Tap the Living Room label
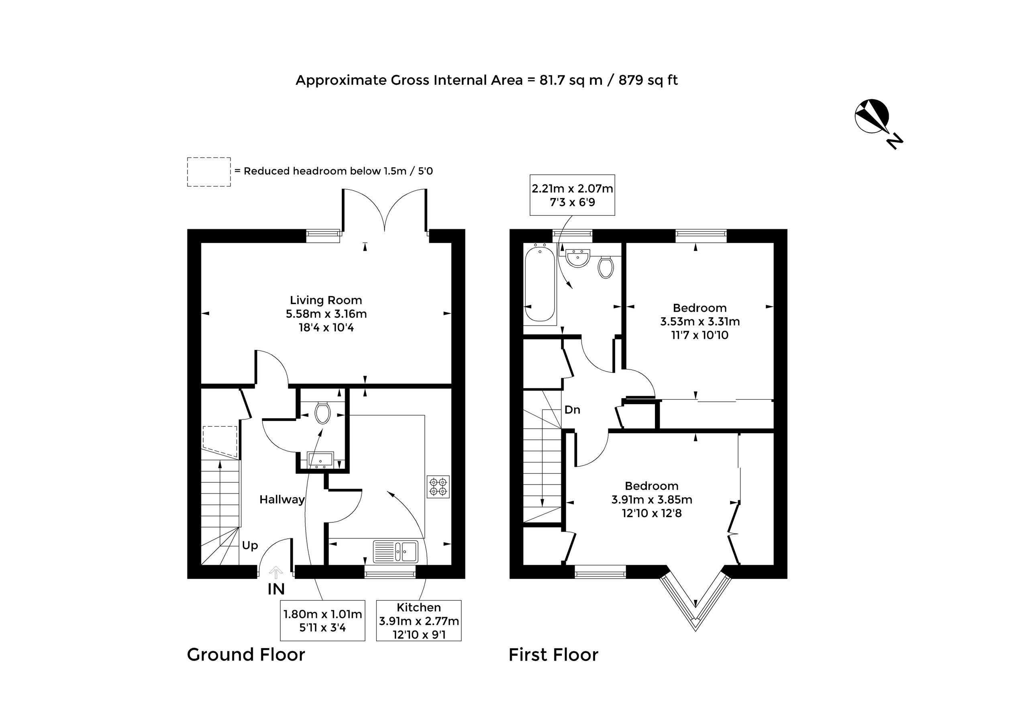click(326, 300)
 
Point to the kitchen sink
click(396, 552)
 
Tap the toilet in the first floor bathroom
click(606, 267)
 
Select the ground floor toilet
click(322, 413)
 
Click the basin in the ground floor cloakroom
click(320, 460)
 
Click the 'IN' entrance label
click(276, 589)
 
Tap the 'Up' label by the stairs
click(250, 546)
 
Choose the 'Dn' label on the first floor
click(572, 409)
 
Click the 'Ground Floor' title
click(246, 655)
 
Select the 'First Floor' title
click(553, 655)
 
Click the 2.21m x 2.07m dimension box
click(572, 195)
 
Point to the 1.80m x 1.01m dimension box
click(322, 620)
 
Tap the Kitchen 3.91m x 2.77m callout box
click(419, 620)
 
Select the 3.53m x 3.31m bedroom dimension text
click(700, 322)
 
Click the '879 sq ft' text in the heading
click(648, 80)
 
